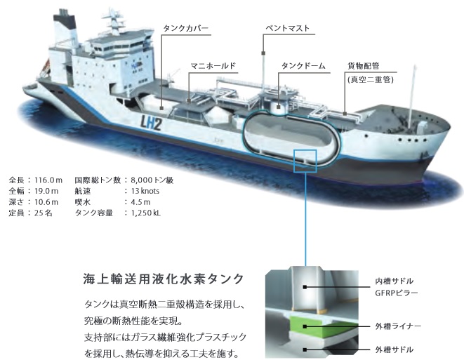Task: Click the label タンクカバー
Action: click(185, 29)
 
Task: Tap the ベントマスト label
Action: click(287, 29)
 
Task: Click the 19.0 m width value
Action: click(47, 191)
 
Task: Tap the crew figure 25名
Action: click(43, 213)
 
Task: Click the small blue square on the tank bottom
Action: click(306, 159)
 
